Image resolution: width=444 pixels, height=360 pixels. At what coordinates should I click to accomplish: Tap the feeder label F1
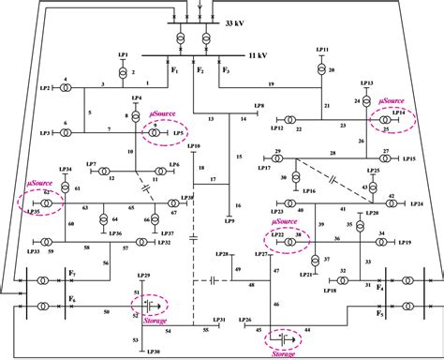[x=174, y=70]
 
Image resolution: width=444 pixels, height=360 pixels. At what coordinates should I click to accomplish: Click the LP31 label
[x=217, y=320]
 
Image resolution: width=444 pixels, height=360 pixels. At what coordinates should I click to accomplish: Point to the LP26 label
[x=245, y=320]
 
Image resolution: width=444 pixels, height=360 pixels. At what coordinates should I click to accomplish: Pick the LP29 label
[x=143, y=277]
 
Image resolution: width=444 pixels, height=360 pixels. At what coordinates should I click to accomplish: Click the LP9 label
[x=229, y=221]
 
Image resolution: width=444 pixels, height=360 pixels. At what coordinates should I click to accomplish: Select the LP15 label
[x=409, y=160]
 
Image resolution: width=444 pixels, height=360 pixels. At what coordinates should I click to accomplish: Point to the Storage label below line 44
[x=281, y=354]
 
